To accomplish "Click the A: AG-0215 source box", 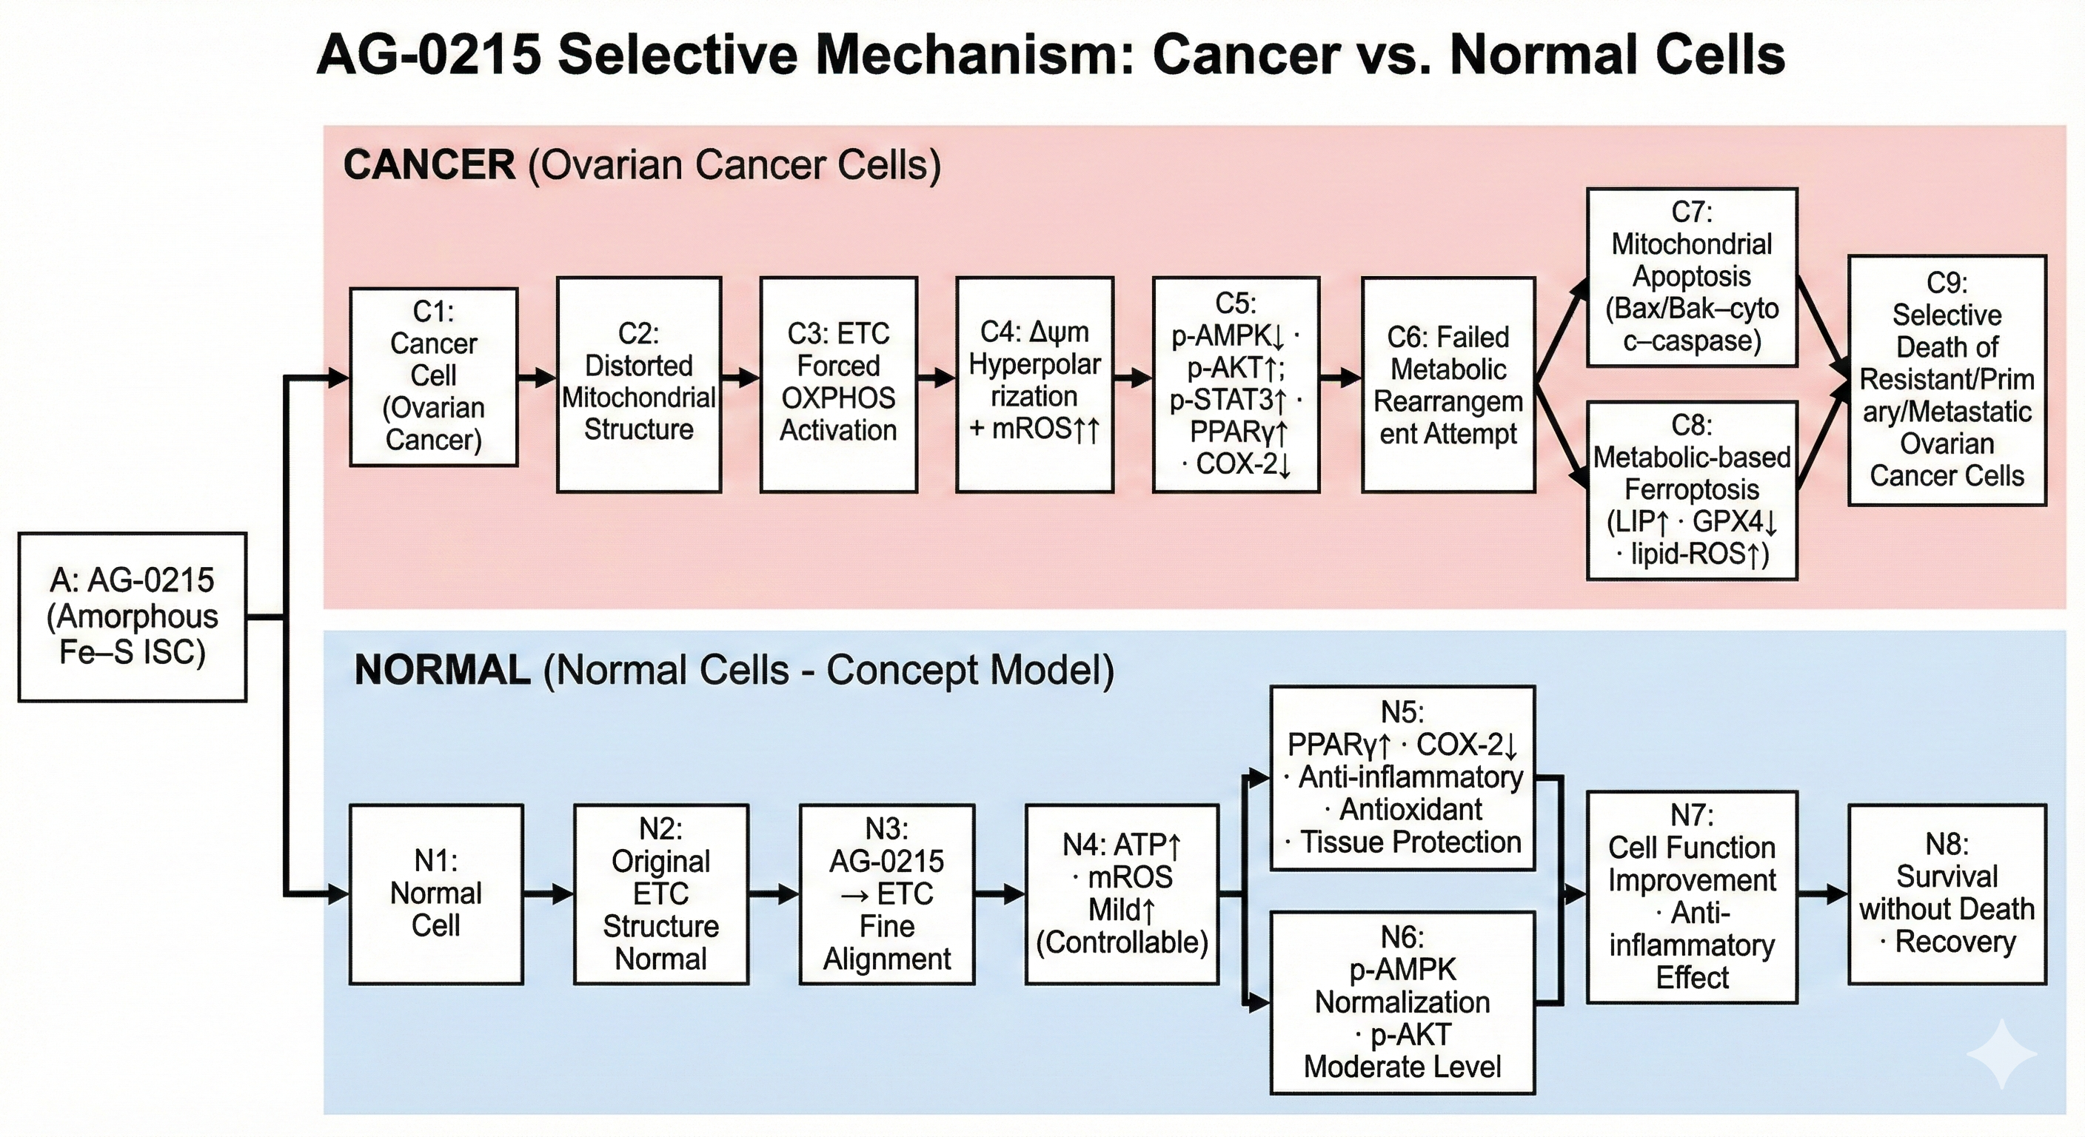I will (132, 617).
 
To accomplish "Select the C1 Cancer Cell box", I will (433, 376).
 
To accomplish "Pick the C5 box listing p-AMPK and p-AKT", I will (1235, 383).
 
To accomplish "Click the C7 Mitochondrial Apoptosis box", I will (1691, 277).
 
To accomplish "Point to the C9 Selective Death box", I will (1946, 380).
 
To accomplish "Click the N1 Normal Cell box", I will (435, 893).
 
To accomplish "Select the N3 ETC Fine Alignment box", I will (886, 893).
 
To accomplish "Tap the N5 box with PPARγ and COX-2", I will (1402, 778).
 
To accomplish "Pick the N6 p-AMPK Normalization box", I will (1402, 1002).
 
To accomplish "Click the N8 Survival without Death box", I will (1946, 893).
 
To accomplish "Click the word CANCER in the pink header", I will (429, 165).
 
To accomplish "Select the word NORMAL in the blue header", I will (442, 670).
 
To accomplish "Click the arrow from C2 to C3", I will (740, 377).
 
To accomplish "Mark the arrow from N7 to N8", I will (1822, 893).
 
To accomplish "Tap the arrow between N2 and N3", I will (773, 893).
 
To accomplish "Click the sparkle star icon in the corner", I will (2001, 1053).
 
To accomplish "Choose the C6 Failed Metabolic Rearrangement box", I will (1448, 384).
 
